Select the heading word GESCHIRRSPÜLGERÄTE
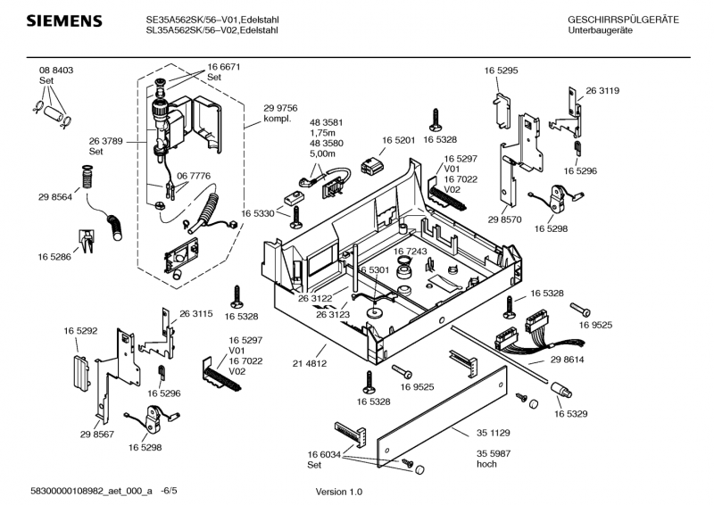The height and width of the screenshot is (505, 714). [x=623, y=20]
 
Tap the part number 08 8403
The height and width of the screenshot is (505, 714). [x=55, y=70]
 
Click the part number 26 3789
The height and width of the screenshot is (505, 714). [x=106, y=141]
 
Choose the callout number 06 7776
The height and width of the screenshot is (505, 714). [x=194, y=177]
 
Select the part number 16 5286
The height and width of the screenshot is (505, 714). [x=55, y=256]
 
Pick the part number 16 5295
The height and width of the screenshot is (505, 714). [x=502, y=70]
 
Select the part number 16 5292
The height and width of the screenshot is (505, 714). [x=80, y=330]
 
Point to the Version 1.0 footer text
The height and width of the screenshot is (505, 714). [x=339, y=493]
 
